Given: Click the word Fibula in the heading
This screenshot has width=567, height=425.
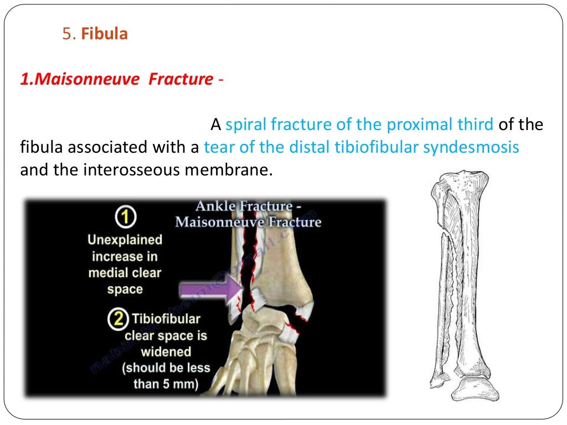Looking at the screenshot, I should coord(105,34).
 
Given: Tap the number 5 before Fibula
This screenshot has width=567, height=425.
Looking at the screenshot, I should coord(68,34).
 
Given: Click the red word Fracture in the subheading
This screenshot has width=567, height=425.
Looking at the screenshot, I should coord(181,80).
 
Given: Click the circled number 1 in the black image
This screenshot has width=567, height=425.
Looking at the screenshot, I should coord(125,217).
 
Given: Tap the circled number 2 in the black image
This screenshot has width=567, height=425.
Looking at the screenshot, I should coord(120,319).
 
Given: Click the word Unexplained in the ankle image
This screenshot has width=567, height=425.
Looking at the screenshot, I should coord(125,240).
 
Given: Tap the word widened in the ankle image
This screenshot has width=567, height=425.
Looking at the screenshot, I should coord(166,351).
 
